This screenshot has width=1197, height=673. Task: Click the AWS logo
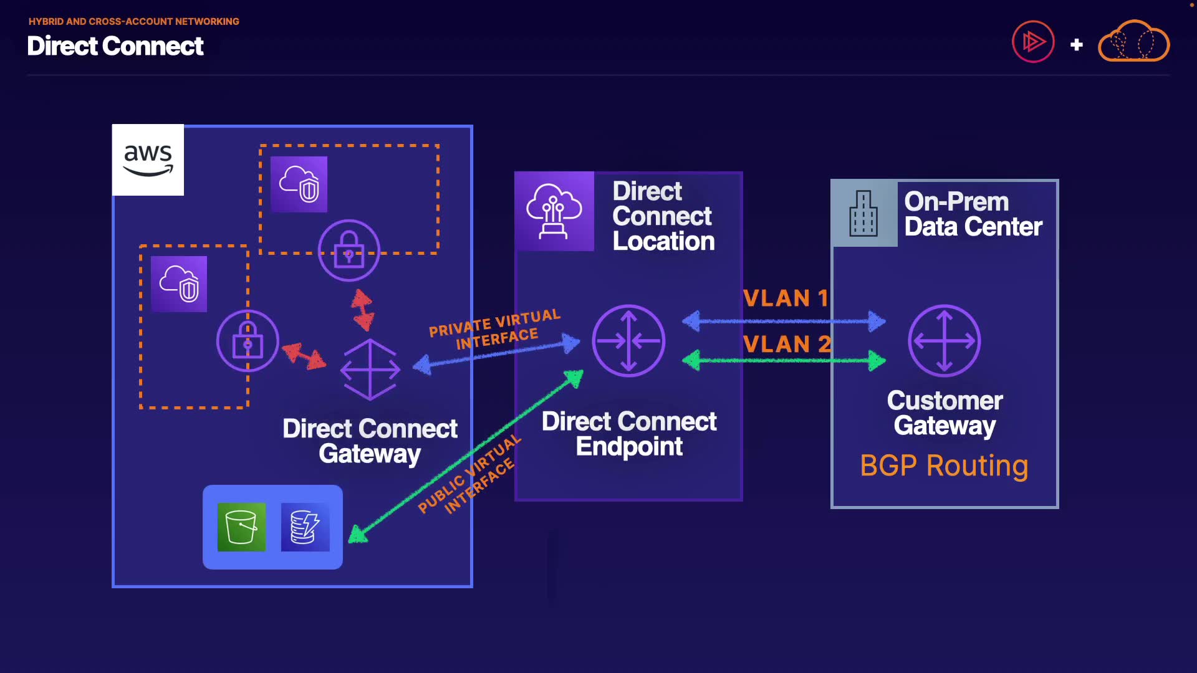coord(148,160)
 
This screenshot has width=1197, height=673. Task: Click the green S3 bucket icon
coord(241,527)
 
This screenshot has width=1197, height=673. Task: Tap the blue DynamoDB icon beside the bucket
coord(305,527)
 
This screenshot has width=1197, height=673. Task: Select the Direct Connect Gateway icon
coord(370,369)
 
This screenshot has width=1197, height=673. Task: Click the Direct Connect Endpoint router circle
coord(628,341)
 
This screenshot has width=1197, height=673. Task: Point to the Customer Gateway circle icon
coord(945,341)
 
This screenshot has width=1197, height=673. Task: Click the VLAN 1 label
coord(786,298)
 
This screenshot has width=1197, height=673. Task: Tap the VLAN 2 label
coord(787,344)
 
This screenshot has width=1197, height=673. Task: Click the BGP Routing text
coord(944,465)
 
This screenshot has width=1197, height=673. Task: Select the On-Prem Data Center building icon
coord(864,214)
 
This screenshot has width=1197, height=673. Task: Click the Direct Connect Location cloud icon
coord(554,211)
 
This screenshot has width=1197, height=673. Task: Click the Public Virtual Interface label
coord(469,474)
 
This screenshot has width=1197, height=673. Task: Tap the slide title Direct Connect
coord(115,45)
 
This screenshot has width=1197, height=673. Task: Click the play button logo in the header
coord(1033,42)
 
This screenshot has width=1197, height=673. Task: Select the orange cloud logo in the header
coord(1133,41)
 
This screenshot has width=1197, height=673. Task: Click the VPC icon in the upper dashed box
coord(299,184)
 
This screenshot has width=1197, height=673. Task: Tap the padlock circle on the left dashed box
coord(248,341)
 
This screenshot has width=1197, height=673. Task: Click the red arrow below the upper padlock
coord(362,309)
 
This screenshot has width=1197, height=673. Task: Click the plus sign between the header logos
coord(1077,45)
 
